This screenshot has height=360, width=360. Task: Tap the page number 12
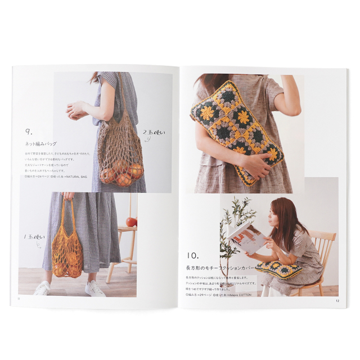point(337,300)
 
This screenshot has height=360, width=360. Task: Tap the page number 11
point(19,299)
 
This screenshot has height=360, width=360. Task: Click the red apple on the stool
point(132,222)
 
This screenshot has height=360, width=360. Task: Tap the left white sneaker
point(42,289)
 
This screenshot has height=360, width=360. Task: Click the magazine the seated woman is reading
point(246,236)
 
